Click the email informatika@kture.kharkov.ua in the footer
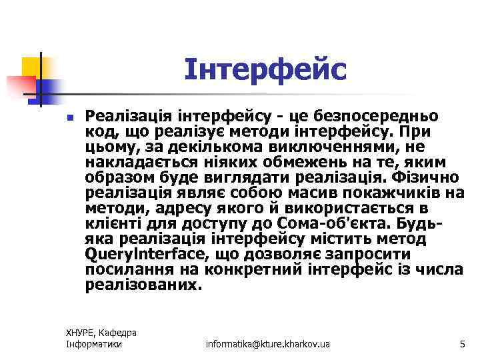pos(268,344)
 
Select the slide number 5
pos(462,344)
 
